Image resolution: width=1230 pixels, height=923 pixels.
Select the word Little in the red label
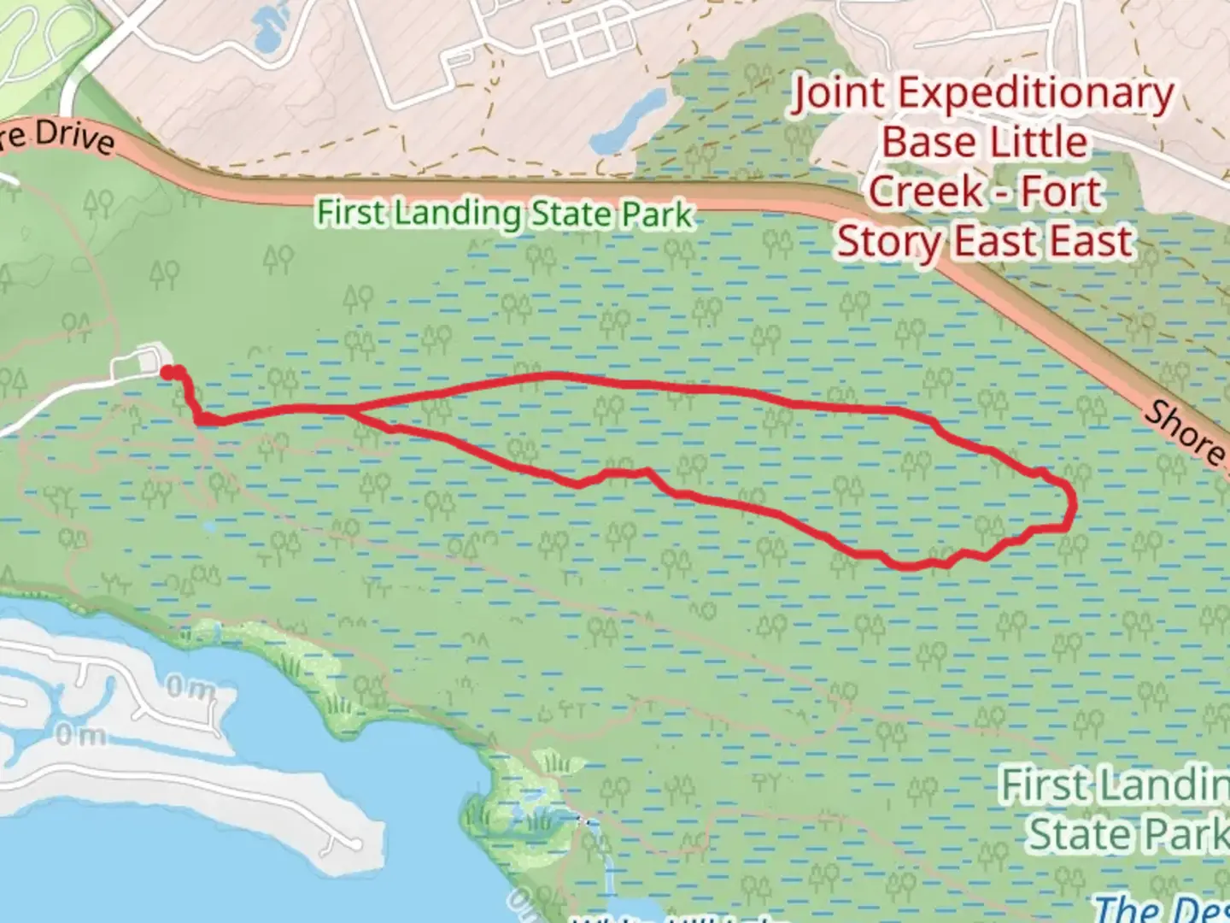(1038, 142)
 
